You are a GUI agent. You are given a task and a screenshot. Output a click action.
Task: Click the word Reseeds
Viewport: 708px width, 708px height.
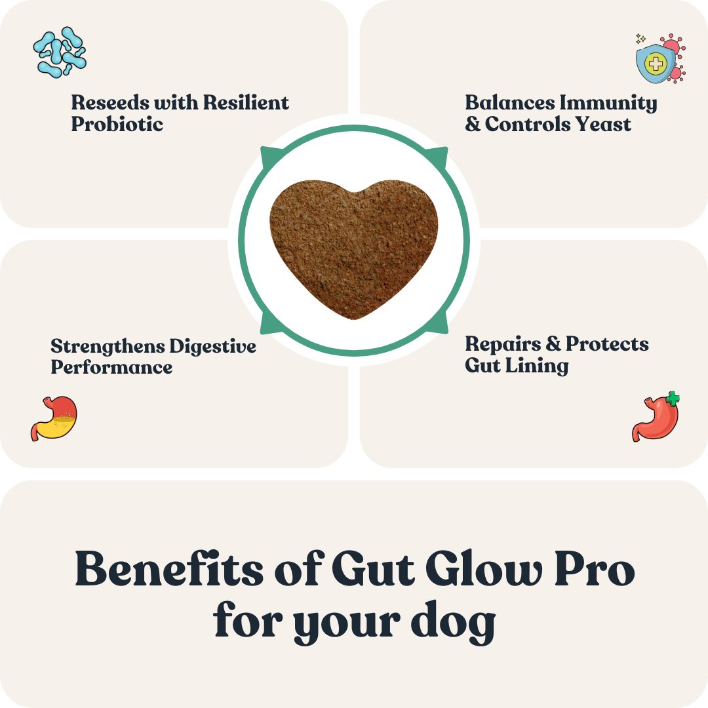click(110, 103)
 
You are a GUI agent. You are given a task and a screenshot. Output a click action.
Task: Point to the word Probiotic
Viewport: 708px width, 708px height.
click(117, 125)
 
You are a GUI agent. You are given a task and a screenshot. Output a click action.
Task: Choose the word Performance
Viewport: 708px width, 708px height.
click(111, 367)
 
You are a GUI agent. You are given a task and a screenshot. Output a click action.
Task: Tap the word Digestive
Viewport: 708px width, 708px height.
click(212, 346)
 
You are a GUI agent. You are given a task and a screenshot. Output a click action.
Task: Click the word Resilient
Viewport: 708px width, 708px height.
click(245, 103)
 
